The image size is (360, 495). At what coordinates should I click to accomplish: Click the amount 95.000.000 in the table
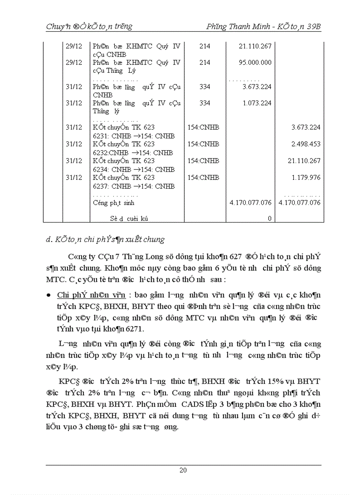(255, 63)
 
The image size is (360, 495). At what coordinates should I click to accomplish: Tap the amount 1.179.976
(306, 178)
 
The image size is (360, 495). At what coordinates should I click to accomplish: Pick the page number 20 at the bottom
(183, 470)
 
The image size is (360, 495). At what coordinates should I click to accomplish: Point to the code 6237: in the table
(101, 186)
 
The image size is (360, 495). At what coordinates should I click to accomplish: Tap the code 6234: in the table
(101, 169)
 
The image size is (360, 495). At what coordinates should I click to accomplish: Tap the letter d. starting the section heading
(49, 240)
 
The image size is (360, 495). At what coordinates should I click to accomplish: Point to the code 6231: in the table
(101, 136)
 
